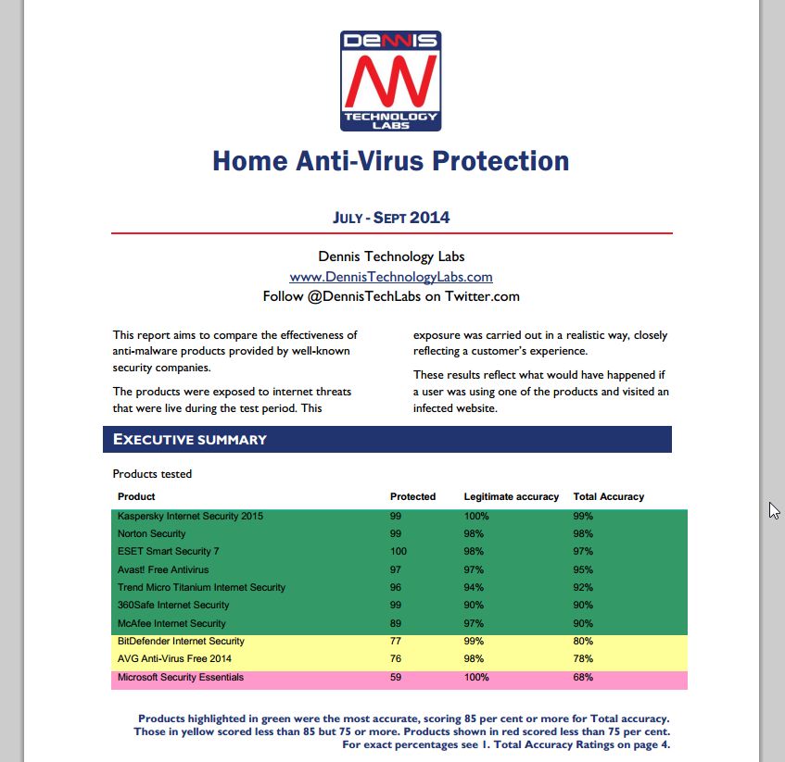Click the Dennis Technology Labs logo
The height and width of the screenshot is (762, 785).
tap(390, 81)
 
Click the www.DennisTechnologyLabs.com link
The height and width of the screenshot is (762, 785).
tap(390, 277)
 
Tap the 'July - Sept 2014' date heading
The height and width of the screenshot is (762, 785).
tap(390, 218)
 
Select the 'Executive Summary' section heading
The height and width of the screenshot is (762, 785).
tap(190, 440)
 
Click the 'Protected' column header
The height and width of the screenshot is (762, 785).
tap(412, 497)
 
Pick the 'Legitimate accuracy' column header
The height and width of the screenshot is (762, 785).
tap(512, 497)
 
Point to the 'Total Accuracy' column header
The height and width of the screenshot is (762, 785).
tap(609, 497)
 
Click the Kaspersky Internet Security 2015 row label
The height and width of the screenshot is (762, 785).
tap(190, 516)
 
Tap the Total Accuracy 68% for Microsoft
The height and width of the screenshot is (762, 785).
tap(583, 678)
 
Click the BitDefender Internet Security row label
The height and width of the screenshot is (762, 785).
tap(181, 642)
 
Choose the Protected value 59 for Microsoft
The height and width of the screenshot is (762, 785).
tap(396, 678)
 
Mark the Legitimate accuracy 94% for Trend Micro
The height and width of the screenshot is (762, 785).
tap(474, 588)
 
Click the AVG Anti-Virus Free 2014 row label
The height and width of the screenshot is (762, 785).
tap(174, 659)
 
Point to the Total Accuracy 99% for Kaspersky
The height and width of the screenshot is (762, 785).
tap(583, 516)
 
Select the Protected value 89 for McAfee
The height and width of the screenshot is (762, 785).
tap(396, 624)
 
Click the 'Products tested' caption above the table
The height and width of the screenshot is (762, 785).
tap(152, 474)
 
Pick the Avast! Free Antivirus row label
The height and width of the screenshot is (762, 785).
tap(163, 569)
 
